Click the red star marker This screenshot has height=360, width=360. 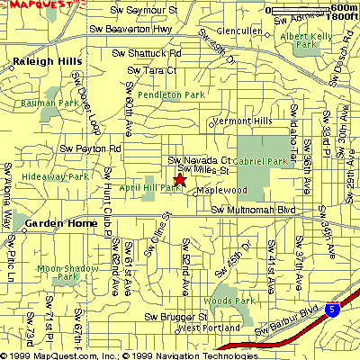(x=179, y=181)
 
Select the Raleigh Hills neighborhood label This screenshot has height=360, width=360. (x=44, y=61)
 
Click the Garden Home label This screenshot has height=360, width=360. (x=55, y=222)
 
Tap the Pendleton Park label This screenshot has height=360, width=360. (x=167, y=94)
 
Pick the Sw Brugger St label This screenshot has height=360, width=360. (x=173, y=317)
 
